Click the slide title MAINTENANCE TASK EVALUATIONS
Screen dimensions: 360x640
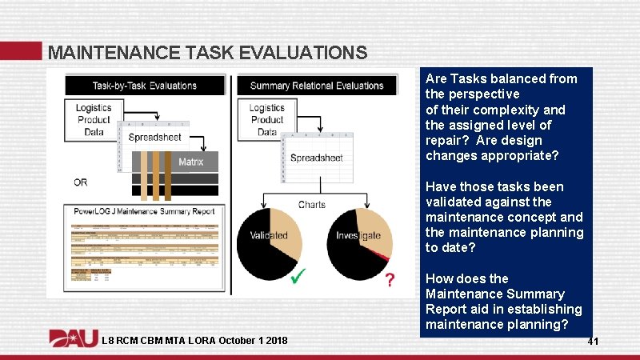(207, 53)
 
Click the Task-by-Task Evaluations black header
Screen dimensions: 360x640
(144, 86)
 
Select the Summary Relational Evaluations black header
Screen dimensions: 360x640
(317, 86)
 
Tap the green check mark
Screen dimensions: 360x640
(298, 277)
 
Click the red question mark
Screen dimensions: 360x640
(389, 280)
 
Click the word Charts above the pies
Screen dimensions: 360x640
(312, 205)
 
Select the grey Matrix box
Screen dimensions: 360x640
(190, 162)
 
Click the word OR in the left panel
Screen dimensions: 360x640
(81, 182)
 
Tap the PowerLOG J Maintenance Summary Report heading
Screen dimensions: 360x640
(144, 212)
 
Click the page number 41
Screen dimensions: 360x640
(593, 342)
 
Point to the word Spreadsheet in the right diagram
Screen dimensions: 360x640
(316, 158)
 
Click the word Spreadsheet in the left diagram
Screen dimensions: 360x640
(154, 137)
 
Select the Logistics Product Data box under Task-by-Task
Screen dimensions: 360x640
(94, 120)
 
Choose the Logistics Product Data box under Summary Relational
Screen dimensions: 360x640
(266, 120)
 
